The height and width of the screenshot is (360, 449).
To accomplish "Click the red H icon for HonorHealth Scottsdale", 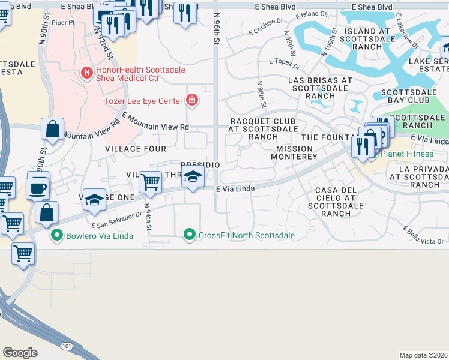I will [87, 73].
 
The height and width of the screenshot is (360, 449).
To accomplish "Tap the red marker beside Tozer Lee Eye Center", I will [192, 100].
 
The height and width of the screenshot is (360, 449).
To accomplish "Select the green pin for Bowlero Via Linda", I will [57, 235].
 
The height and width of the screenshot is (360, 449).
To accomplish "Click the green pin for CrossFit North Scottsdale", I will [190, 235].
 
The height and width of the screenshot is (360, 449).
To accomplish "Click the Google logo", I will [20, 352].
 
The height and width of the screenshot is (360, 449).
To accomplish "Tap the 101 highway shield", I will [65, 346].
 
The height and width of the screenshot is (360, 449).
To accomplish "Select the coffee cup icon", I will [38, 188].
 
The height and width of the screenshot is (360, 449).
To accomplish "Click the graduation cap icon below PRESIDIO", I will [193, 177].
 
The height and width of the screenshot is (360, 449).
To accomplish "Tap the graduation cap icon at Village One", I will [95, 200].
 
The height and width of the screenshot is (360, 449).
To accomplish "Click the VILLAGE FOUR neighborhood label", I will [135, 148].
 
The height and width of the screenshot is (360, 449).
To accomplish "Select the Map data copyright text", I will [423, 355].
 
